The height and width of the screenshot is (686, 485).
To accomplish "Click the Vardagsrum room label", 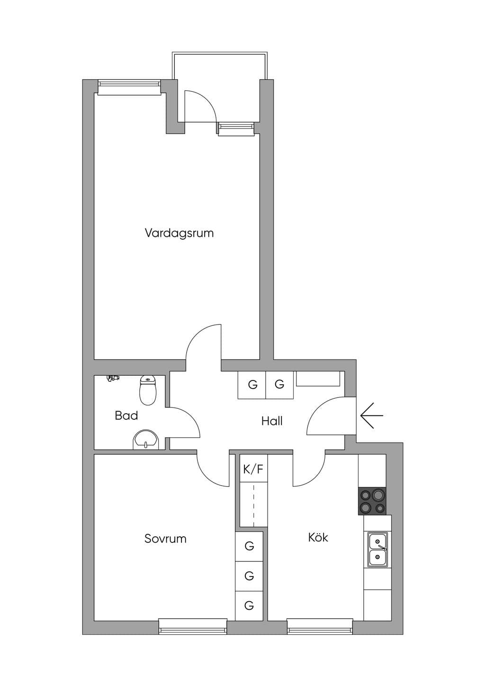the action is (x=179, y=234).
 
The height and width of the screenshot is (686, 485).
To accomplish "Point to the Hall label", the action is (x=272, y=421).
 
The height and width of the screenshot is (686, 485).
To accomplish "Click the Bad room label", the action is (x=126, y=415).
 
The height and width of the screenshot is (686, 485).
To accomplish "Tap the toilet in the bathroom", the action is (x=148, y=390).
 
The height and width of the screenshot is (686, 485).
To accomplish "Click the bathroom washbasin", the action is (x=146, y=440).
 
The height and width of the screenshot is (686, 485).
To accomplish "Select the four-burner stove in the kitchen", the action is (x=372, y=501).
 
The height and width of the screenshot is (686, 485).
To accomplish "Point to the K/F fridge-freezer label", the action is (x=253, y=469).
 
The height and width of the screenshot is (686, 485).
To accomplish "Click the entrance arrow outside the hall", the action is (x=372, y=415).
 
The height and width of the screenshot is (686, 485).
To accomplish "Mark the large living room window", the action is (x=129, y=87).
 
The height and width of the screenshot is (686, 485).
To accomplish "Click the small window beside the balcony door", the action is (x=236, y=128).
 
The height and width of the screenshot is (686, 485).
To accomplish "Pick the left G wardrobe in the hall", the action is (x=252, y=385).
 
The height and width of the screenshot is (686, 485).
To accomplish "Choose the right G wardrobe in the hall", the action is (x=279, y=385).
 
